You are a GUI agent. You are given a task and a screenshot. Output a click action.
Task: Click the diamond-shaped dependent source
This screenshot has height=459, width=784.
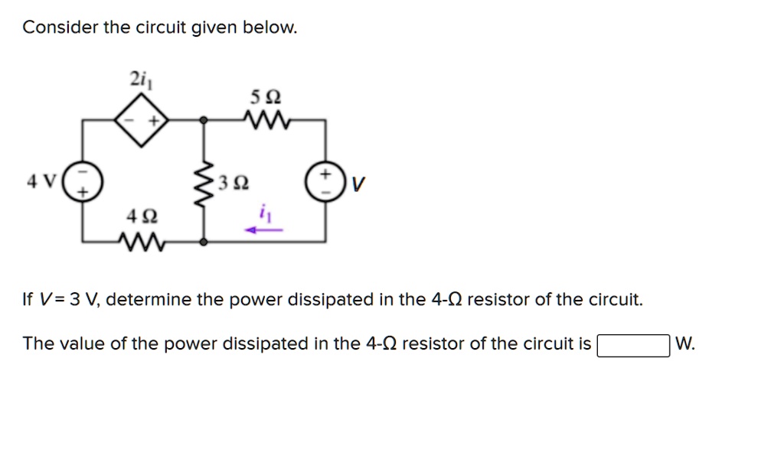[141, 121]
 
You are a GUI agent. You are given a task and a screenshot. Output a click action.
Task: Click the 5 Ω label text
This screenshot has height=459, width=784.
[265, 98]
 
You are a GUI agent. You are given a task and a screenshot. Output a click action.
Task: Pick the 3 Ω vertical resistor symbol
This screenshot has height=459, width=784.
[204, 182]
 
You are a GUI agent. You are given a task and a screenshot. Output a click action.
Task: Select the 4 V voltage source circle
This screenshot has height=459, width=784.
[80, 184]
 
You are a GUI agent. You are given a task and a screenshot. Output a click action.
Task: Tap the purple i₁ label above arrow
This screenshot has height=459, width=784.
[265, 214]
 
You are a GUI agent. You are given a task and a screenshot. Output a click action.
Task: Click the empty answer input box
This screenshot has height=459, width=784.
[633, 345]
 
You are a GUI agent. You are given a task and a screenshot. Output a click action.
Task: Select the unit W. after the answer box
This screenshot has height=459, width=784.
[686, 344]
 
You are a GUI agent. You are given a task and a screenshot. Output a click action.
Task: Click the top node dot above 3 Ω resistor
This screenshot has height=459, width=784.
[204, 121]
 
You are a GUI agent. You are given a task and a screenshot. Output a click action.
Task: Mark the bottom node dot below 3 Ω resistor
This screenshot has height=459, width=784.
[204, 242]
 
